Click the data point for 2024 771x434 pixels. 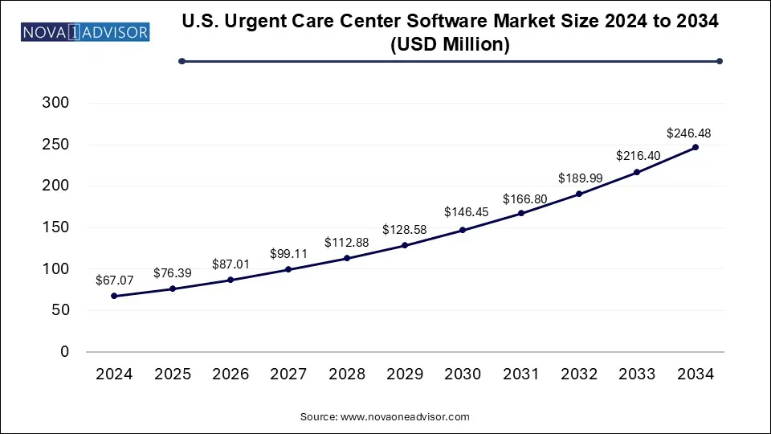click(114, 296)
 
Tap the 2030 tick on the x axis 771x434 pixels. click(463, 374)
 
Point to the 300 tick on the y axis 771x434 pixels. click(56, 103)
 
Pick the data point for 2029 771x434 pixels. click(405, 245)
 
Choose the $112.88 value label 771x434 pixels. click(346, 243)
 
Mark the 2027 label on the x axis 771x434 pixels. click(288, 374)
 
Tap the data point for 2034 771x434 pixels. click(696, 147)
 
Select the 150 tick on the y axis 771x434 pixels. click(56, 227)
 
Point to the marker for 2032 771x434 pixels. click(579, 194)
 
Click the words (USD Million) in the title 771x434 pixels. click(450, 46)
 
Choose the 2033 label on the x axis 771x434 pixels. click(637, 374)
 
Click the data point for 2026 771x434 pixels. click(230, 280)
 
